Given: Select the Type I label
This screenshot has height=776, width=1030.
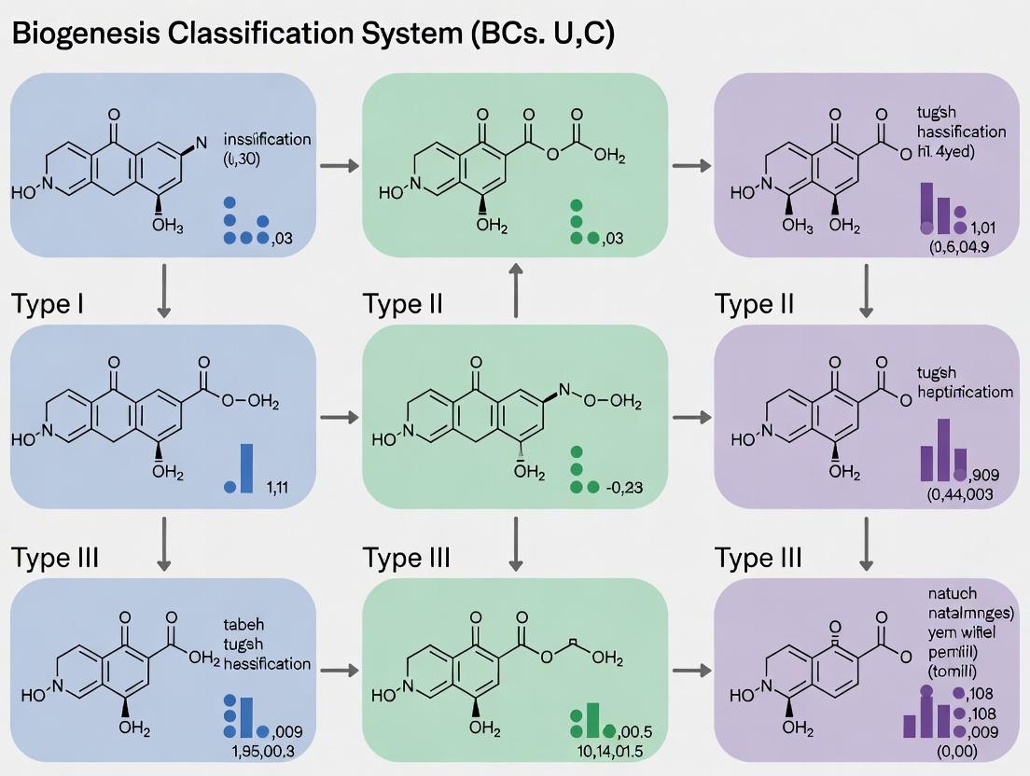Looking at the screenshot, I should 48,304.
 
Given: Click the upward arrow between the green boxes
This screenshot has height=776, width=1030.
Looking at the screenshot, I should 514,289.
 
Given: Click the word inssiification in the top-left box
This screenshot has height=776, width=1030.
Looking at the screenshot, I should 268,139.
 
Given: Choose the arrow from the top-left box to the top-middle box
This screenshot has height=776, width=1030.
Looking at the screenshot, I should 341,166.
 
